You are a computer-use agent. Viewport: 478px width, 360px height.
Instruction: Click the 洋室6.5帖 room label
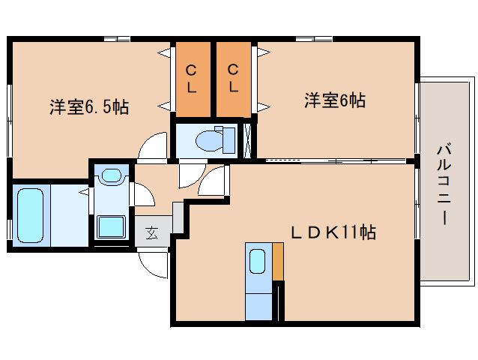point(89,106)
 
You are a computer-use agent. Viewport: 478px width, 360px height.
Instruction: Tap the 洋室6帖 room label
point(334,100)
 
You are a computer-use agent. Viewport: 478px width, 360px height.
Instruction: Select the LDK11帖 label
point(333,232)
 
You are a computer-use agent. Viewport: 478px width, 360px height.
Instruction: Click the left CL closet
point(192,79)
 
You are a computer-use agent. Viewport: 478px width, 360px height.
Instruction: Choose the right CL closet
point(234,79)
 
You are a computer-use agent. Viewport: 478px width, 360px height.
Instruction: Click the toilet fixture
point(210,139)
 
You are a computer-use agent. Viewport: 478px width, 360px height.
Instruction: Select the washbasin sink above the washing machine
point(111,177)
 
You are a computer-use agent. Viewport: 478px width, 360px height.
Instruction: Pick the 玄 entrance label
point(152,233)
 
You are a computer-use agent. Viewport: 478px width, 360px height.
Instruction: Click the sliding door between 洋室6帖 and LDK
point(333,160)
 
